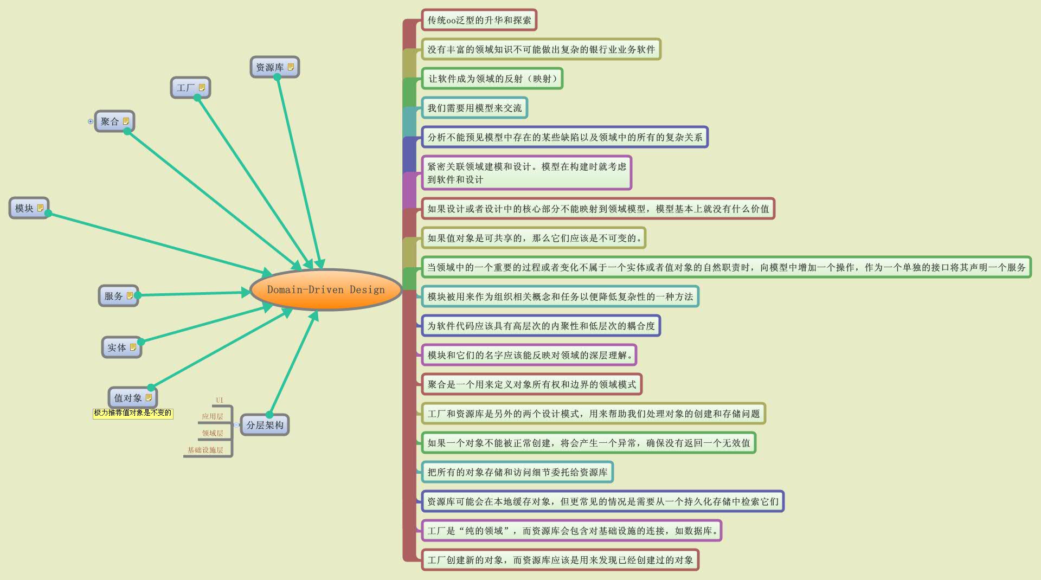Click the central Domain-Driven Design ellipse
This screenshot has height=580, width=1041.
click(x=325, y=289)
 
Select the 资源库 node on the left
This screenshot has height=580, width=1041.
click(x=270, y=67)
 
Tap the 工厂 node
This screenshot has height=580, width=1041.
click(x=186, y=87)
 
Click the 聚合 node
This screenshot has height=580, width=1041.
click(x=110, y=121)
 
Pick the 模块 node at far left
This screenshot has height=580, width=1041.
click(x=24, y=208)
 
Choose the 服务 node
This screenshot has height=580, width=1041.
click(x=114, y=296)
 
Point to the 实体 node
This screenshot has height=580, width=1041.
click(x=117, y=347)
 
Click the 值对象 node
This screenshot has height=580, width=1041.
click(x=128, y=398)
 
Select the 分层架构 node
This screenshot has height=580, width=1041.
click(x=265, y=425)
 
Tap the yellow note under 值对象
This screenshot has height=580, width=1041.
click(x=133, y=413)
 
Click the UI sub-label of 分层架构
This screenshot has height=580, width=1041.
click(x=220, y=400)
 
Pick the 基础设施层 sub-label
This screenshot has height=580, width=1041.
click(x=205, y=450)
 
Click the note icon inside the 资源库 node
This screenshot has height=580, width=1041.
click(x=291, y=67)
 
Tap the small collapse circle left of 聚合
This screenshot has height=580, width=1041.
click(x=91, y=121)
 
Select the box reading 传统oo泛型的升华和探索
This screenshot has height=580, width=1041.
click(x=479, y=20)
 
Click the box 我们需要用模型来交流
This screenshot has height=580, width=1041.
click(x=474, y=108)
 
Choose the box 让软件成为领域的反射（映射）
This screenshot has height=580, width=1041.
click(x=492, y=79)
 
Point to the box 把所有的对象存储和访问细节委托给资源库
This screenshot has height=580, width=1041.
click(x=517, y=472)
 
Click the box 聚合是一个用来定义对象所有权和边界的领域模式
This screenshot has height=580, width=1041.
click(x=531, y=384)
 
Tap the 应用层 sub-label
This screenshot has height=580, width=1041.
click(x=213, y=416)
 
